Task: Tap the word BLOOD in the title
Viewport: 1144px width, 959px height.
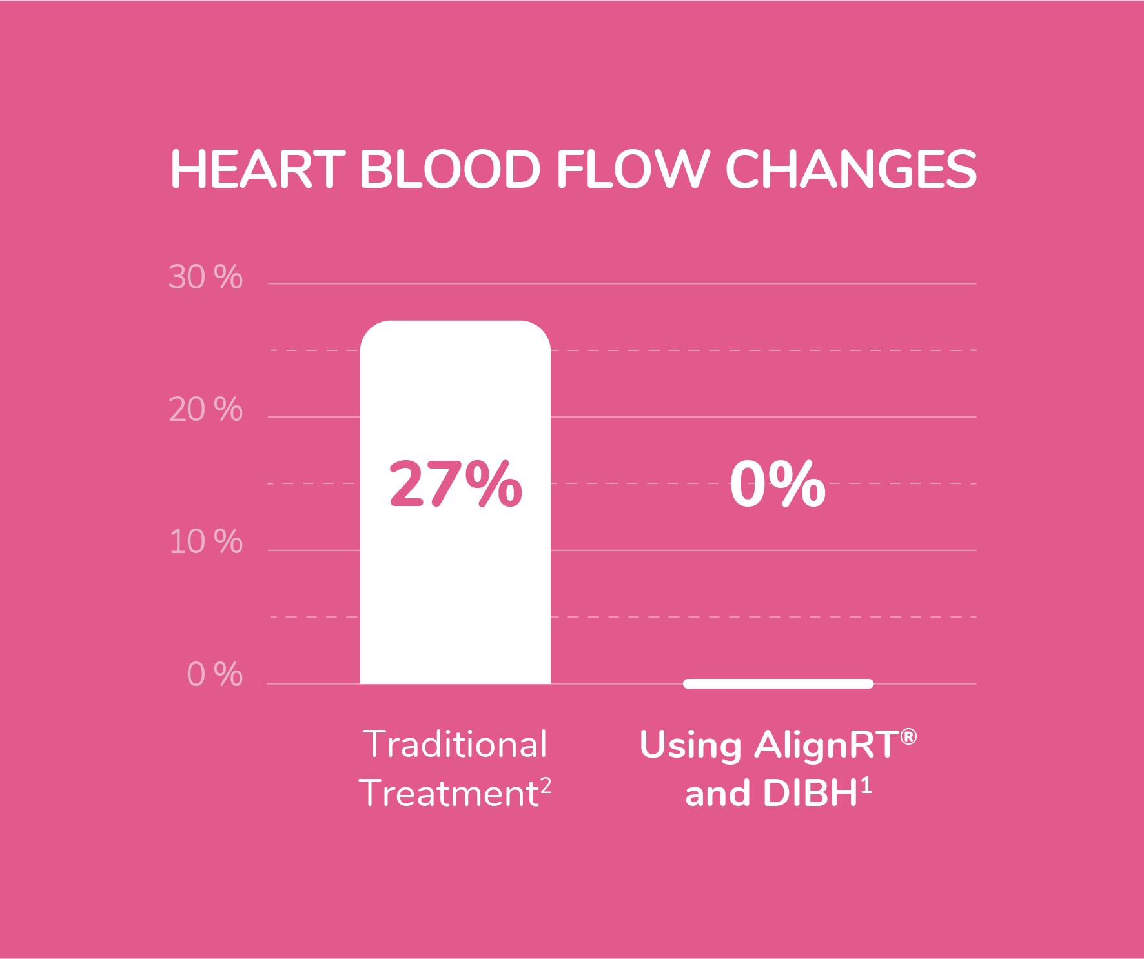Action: coord(449,169)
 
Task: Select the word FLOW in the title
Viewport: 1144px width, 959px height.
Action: coord(633,169)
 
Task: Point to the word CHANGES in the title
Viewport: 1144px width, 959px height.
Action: coord(851,169)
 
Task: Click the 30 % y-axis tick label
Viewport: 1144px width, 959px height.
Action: coord(205,277)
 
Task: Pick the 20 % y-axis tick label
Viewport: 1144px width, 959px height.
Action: coord(205,409)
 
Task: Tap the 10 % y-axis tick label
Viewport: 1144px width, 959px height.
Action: coord(205,541)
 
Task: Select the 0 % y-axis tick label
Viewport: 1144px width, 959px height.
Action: coord(214,674)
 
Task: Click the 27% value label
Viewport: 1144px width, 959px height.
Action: coord(455,483)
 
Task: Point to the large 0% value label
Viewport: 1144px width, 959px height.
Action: coord(777,483)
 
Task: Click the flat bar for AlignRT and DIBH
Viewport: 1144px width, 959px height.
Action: coord(778,683)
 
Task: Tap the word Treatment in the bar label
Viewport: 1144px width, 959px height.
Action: coord(448,793)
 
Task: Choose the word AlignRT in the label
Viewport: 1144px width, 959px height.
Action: coord(826,745)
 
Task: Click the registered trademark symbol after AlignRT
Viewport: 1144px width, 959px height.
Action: coord(908,736)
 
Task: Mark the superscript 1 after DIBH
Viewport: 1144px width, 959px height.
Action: coord(866,785)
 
